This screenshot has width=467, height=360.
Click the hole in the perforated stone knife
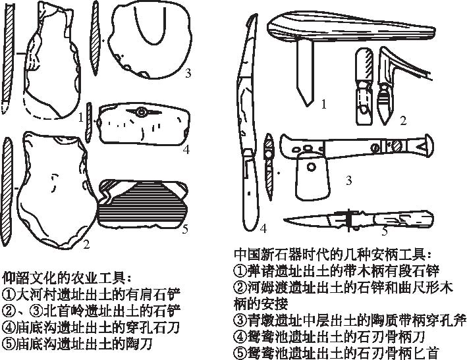coord(142,113)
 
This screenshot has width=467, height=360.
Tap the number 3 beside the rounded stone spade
coord(188,73)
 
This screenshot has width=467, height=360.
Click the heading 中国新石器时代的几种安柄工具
coord(334,253)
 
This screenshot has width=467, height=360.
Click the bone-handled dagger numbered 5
coord(359,219)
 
